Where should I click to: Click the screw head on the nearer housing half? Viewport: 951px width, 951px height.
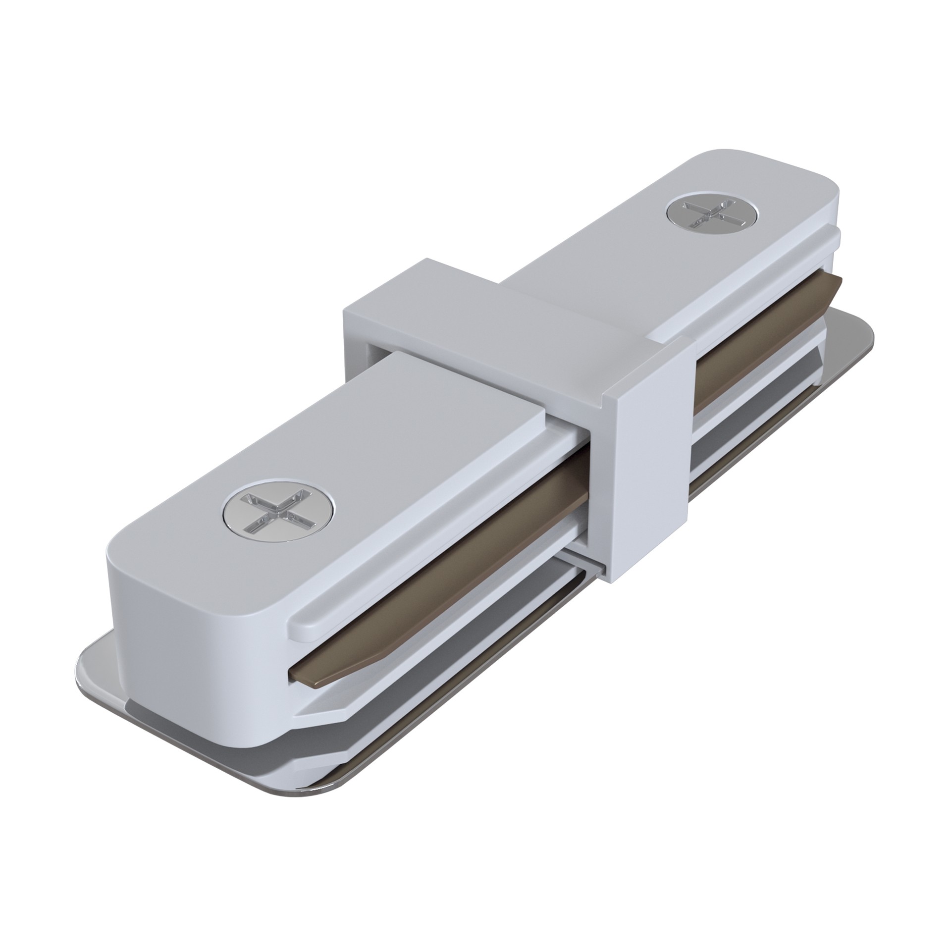[x=278, y=512]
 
